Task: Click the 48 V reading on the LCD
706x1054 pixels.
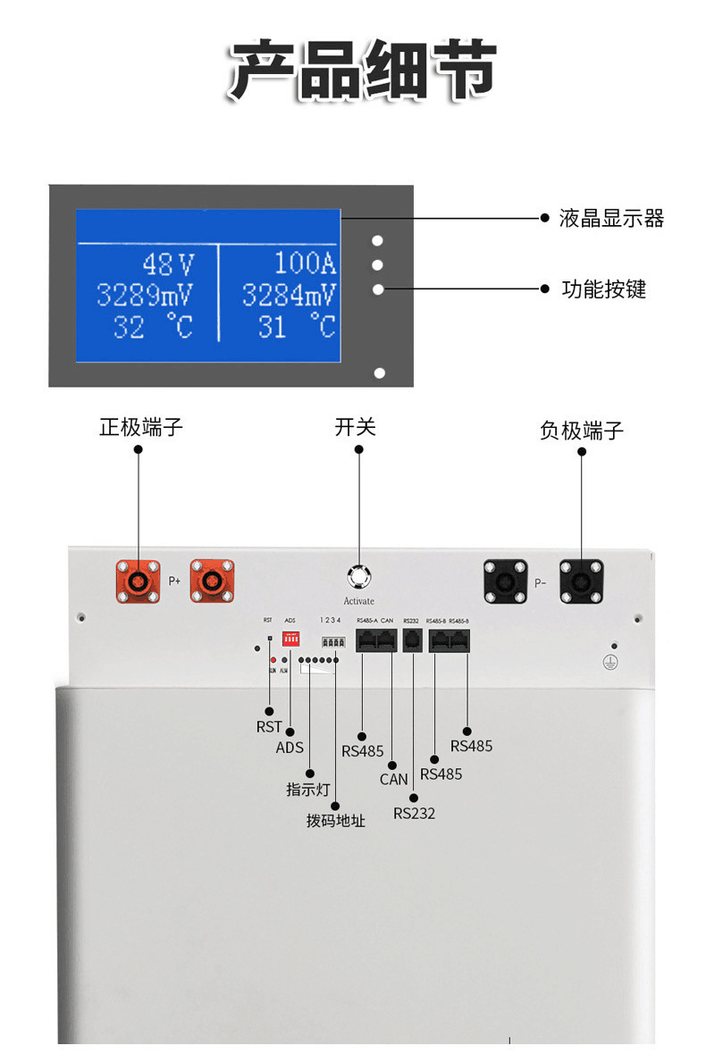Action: point(168,264)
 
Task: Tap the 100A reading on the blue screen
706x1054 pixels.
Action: point(305,263)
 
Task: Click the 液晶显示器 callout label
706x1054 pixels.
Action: point(611,219)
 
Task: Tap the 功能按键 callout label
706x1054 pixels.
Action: point(603,289)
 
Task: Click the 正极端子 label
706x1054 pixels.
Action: point(140,427)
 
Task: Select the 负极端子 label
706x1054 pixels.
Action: point(582,431)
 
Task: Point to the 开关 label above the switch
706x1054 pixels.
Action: point(356,427)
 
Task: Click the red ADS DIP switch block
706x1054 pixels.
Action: point(290,640)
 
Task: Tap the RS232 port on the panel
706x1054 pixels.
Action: point(413,640)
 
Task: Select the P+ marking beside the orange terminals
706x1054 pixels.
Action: point(175,581)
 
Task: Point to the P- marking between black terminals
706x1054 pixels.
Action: point(539,582)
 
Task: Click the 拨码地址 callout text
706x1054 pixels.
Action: point(336,820)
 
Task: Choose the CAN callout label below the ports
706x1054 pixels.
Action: point(394,779)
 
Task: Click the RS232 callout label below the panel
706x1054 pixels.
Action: point(415,813)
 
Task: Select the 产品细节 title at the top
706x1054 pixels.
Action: point(360,70)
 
